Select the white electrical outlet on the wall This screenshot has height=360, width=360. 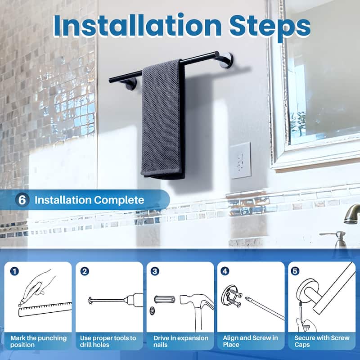[240, 161]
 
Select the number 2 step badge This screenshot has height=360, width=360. [85, 271]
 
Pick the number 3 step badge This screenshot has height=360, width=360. [155, 271]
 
